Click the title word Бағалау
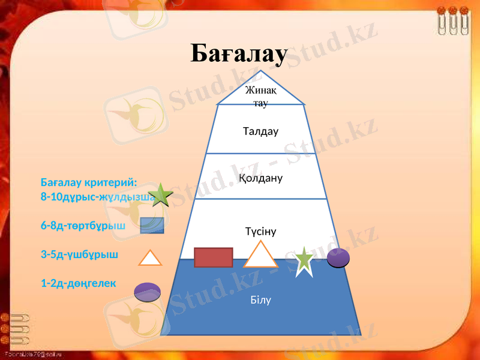click(239, 54)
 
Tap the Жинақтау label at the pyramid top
click(260, 97)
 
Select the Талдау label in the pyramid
click(260, 131)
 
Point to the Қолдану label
click(260, 178)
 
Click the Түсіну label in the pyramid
click(260, 231)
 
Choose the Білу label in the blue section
click(260, 299)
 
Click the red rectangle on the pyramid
click(213, 257)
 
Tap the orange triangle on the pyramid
click(260, 256)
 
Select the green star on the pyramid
click(304, 261)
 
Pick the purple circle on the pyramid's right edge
click(338, 257)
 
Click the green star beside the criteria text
click(161, 196)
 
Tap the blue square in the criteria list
click(152, 225)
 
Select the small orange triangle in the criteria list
click(150, 258)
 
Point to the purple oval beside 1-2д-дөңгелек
click(147, 292)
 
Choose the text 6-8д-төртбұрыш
click(83, 226)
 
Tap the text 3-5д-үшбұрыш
click(79, 254)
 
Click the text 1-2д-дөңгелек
click(79, 283)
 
